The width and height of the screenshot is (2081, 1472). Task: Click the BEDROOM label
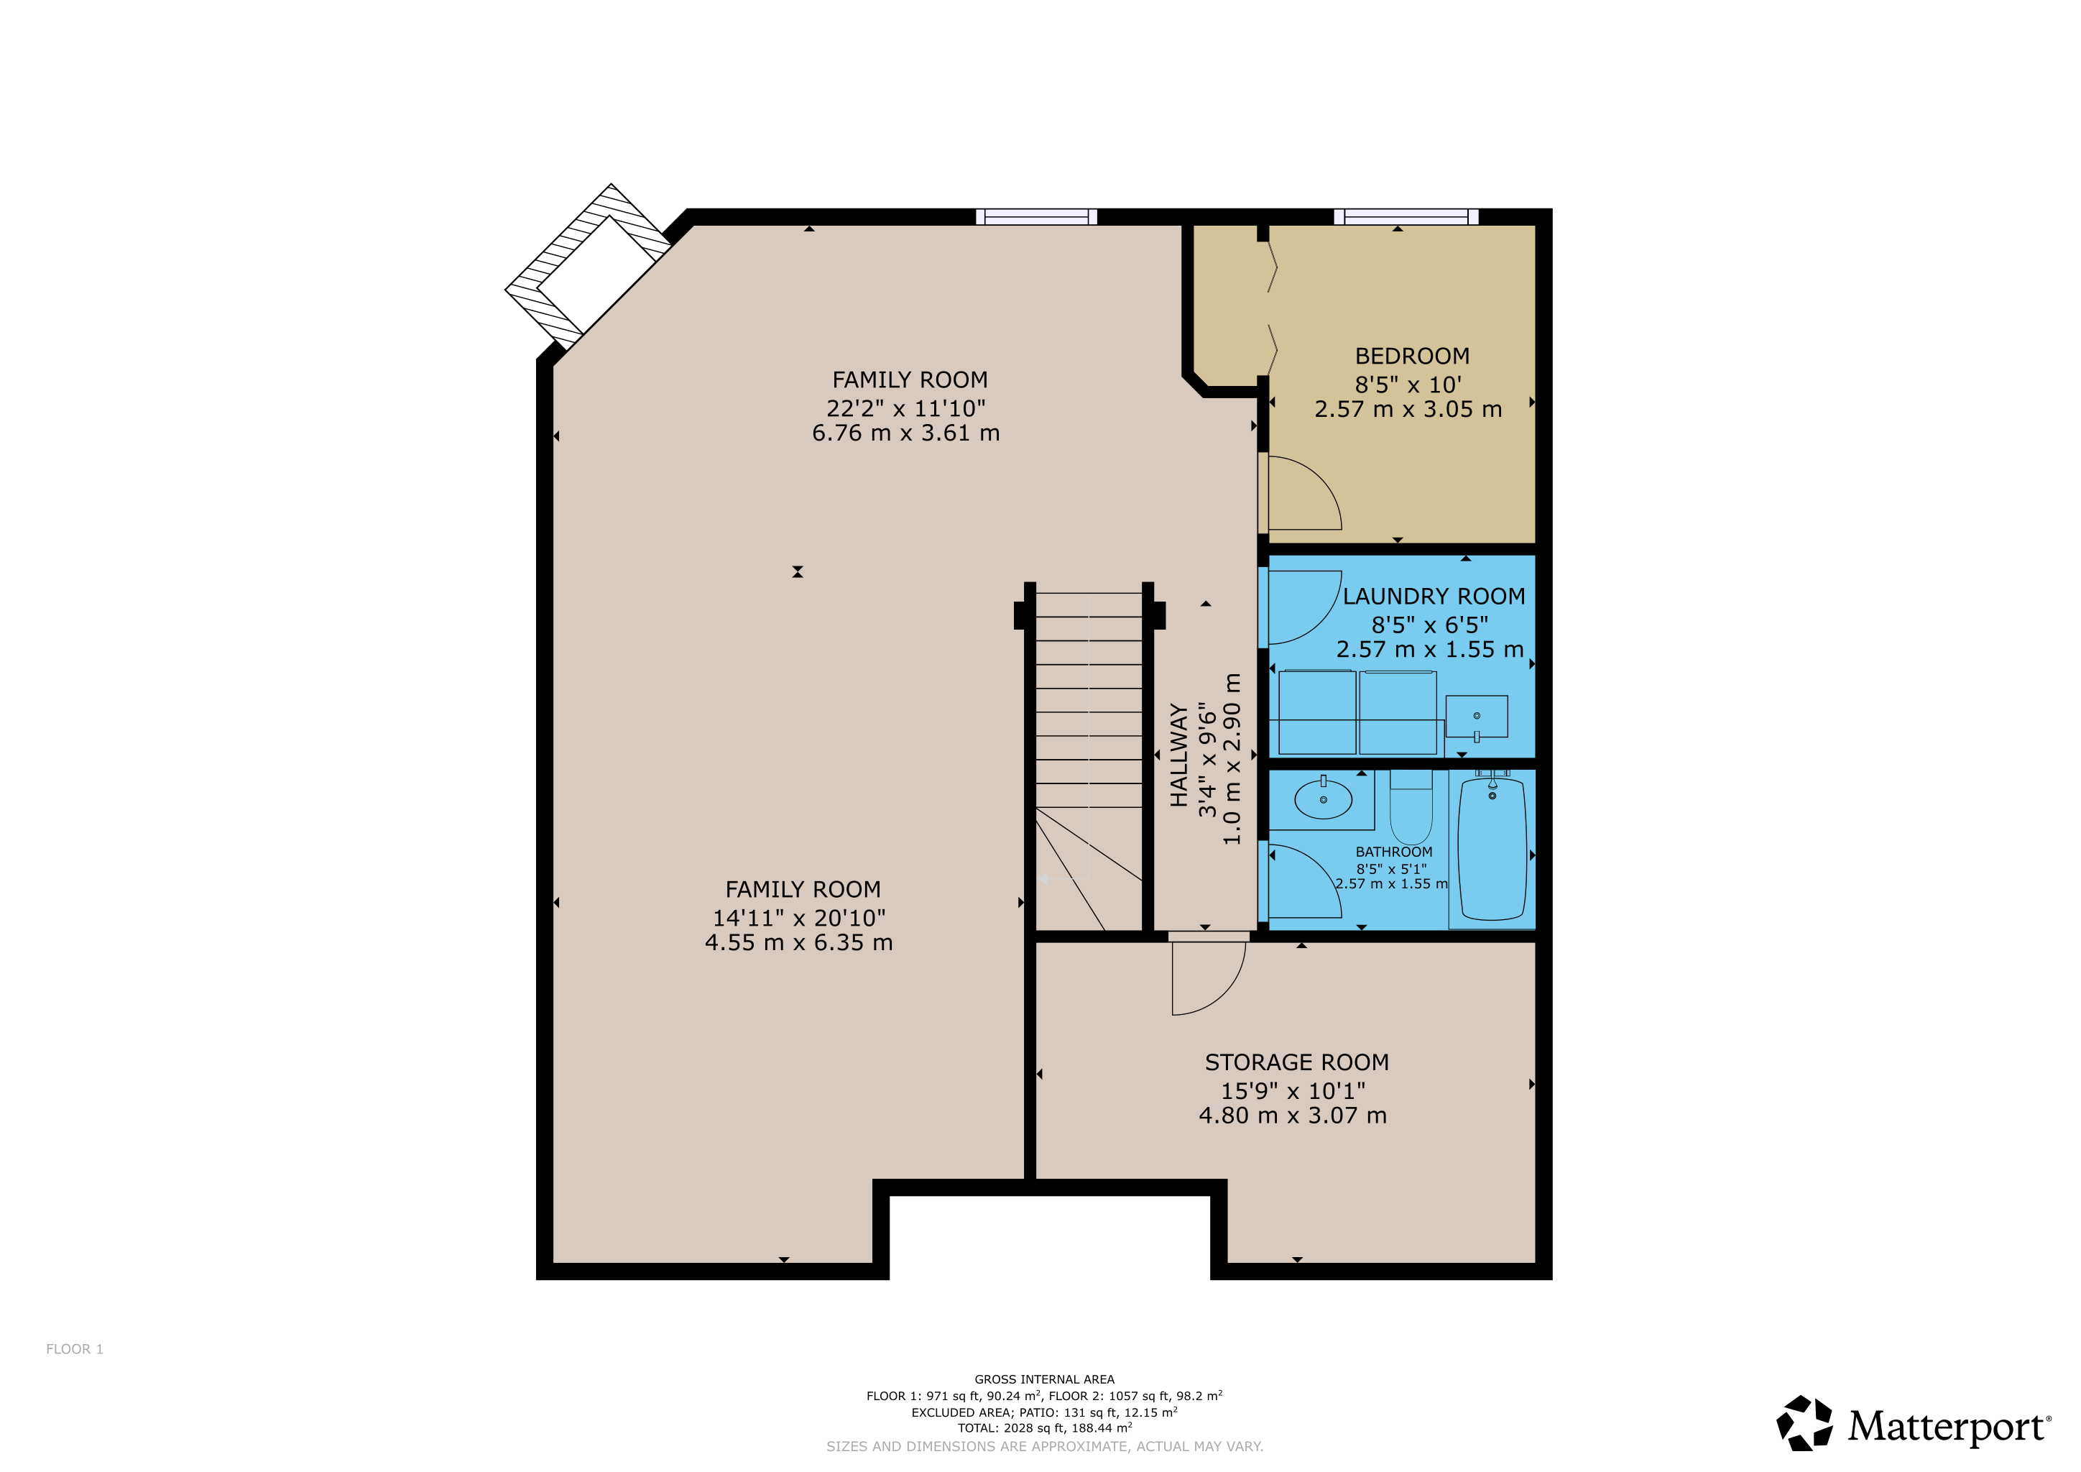[1412, 356]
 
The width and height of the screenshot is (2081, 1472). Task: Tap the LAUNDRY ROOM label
[1434, 597]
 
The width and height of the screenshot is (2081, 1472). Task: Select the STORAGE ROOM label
[1296, 1062]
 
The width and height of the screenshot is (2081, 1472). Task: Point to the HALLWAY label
[1178, 755]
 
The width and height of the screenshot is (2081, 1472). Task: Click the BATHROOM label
[1394, 852]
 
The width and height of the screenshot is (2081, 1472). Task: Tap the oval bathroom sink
[1324, 799]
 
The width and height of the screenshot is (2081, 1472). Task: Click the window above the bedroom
[1406, 216]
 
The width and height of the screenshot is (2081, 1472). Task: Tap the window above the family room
[1036, 216]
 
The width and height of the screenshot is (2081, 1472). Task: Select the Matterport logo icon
[1804, 1423]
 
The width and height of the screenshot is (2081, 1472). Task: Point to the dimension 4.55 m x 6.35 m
[798, 943]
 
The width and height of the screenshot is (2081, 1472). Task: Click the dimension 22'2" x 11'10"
[905, 409]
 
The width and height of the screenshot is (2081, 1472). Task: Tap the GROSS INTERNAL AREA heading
[1044, 1379]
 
